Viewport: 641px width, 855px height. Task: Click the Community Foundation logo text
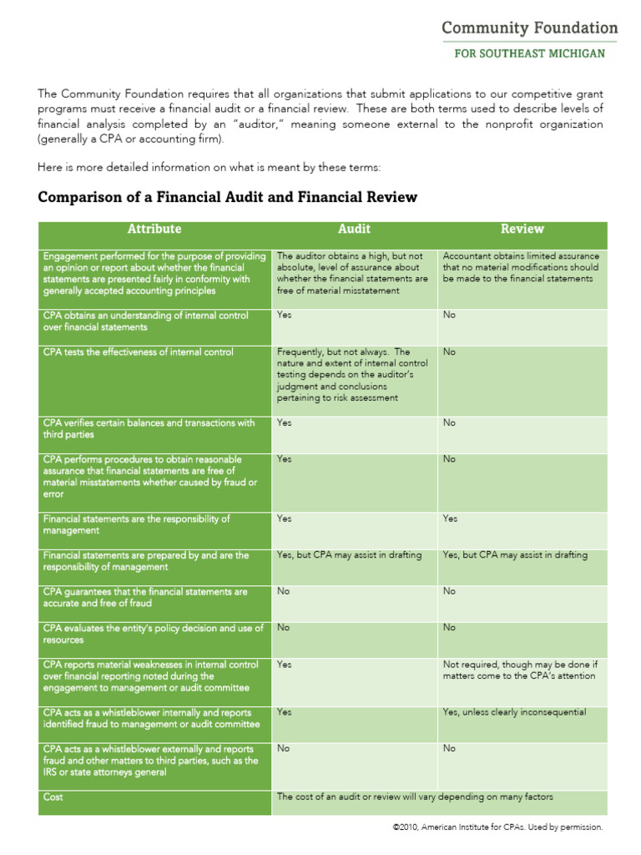(x=529, y=28)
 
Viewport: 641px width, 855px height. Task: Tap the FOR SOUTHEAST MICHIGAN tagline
(x=529, y=53)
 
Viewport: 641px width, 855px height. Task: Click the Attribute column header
(x=154, y=229)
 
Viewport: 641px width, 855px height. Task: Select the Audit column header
(x=354, y=229)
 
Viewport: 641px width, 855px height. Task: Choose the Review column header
(x=522, y=229)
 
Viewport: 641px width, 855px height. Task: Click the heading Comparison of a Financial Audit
(x=227, y=197)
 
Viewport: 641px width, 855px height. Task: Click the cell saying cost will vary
(x=415, y=797)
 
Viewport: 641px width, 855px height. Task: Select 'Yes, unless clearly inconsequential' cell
(x=514, y=712)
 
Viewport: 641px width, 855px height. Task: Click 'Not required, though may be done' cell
(x=520, y=670)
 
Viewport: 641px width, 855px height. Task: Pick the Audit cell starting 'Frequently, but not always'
(x=352, y=375)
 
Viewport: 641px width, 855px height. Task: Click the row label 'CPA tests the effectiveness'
(x=139, y=352)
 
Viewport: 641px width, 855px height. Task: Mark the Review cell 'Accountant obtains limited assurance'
(x=521, y=267)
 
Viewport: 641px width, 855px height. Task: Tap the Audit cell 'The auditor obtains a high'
(x=352, y=273)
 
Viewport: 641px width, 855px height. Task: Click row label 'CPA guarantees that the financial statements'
(x=145, y=597)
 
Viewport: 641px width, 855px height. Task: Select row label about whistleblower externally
(x=150, y=761)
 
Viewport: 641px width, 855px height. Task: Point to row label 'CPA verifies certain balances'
(x=149, y=428)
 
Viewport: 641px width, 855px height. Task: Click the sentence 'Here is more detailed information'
(x=209, y=167)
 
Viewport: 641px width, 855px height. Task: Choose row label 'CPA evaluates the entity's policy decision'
(x=153, y=634)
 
